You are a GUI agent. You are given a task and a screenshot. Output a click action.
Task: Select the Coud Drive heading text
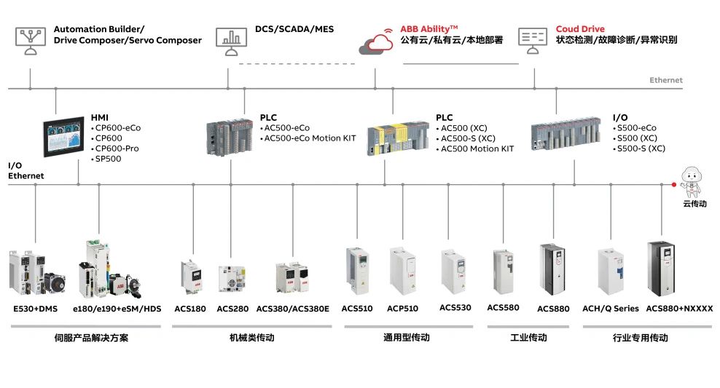580,29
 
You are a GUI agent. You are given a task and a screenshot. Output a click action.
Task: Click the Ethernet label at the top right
665,80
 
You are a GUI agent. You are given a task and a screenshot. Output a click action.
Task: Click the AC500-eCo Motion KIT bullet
310,138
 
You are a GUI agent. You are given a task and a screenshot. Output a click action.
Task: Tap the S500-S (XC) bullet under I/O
641,149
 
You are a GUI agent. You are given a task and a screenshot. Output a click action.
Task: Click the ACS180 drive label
190,309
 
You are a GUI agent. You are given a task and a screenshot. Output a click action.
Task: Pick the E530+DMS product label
35,309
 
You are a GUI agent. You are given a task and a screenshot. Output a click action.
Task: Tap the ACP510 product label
402,309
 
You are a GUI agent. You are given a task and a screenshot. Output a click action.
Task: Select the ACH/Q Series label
610,309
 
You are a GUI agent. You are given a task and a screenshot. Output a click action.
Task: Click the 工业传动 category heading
528,338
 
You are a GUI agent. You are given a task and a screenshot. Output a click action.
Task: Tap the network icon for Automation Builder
30,38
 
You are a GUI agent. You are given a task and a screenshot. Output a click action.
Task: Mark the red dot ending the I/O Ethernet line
673,185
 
